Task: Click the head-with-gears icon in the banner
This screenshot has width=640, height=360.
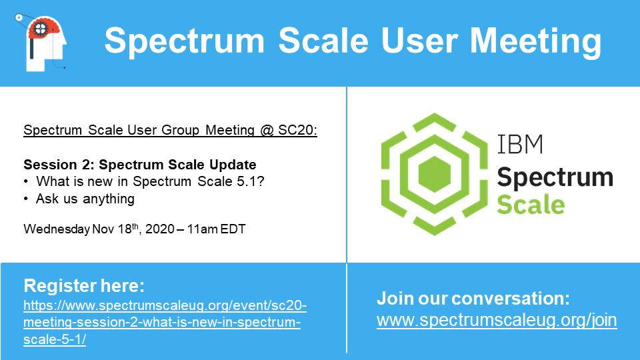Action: coord(41,43)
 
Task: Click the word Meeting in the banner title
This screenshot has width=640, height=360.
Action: coord(535,41)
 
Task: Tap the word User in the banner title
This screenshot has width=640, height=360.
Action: coord(419,41)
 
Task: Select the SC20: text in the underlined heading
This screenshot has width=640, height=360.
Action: coord(297,130)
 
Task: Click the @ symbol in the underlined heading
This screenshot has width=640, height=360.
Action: coord(267,130)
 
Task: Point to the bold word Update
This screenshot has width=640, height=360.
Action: coord(233,165)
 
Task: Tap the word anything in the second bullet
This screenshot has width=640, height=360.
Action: coord(109,199)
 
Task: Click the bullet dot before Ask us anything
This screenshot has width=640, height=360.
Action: coord(26,199)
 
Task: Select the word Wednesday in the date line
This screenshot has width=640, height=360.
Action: coord(56,229)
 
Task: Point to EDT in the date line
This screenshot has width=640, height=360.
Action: coord(233,229)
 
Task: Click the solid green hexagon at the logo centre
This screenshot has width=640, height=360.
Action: coord(434,174)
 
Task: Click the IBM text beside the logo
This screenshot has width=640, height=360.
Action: coord(520,144)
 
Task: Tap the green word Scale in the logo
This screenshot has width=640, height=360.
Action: coord(531,205)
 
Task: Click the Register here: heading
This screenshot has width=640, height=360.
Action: coord(84,286)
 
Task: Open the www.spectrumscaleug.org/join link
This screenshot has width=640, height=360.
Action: coord(497,321)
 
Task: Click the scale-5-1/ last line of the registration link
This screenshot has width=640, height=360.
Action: coord(55,339)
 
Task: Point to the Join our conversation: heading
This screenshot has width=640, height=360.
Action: coord(473,299)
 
